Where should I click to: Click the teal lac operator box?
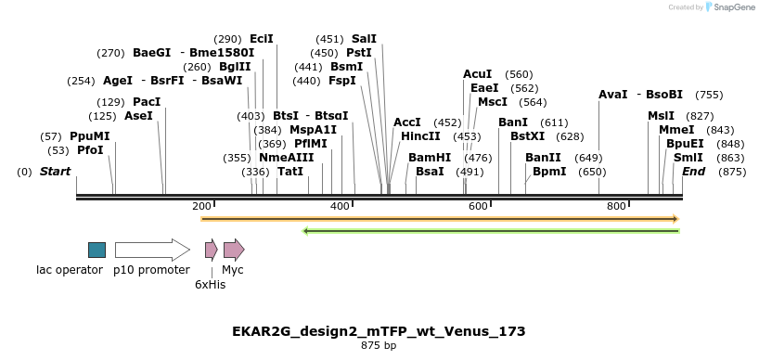point(96,250)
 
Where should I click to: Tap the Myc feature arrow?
point(234,250)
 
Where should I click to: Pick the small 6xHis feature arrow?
point(211,250)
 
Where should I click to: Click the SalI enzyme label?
point(364,39)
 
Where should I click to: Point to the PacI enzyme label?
point(147,102)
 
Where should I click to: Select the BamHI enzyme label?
point(430,158)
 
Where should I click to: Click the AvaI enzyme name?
point(612,95)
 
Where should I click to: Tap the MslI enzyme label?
point(662,116)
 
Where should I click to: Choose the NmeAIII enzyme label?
point(286,158)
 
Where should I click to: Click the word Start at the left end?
point(55,172)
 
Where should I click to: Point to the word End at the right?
point(693,172)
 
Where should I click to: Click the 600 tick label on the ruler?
point(478,206)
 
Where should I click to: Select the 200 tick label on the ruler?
point(201,206)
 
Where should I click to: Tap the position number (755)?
point(709,95)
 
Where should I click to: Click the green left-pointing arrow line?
point(492,230)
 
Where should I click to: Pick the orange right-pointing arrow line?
point(440,219)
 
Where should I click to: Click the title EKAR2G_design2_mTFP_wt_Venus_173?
point(379,331)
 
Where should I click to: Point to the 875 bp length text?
point(379,346)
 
